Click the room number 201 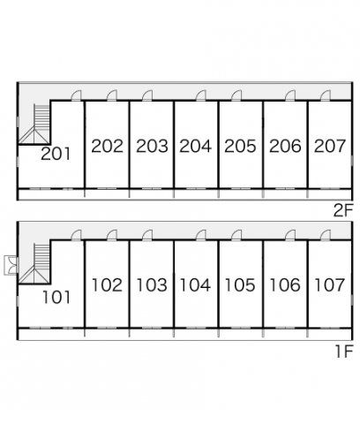tap(56, 154)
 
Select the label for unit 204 tap(195, 146)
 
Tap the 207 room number tap(330, 146)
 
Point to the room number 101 tap(56, 297)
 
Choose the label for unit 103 tap(152, 285)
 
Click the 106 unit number tap(285, 285)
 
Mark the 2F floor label tap(343, 210)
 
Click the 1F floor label tap(344, 352)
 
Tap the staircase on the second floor tap(34, 124)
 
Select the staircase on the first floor tap(34, 263)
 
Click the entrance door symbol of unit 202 tap(112, 95)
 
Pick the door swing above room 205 tap(236, 95)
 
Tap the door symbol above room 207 tap(326, 95)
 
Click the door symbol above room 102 tap(112, 235)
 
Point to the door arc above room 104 tap(201, 235)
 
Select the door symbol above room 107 tap(326, 235)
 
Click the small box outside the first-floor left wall tap(11, 266)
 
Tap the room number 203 tap(152, 146)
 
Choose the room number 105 tap(240, 285)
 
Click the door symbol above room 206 tap(290, 95)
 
